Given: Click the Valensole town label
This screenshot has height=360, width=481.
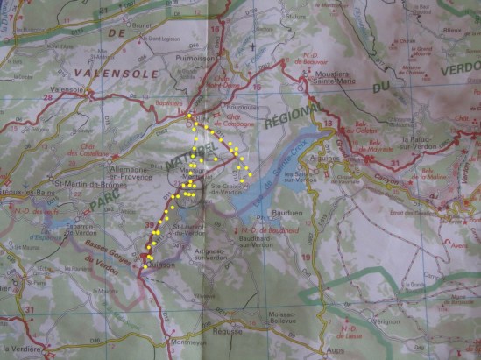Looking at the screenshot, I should click(x=67, y=89).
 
